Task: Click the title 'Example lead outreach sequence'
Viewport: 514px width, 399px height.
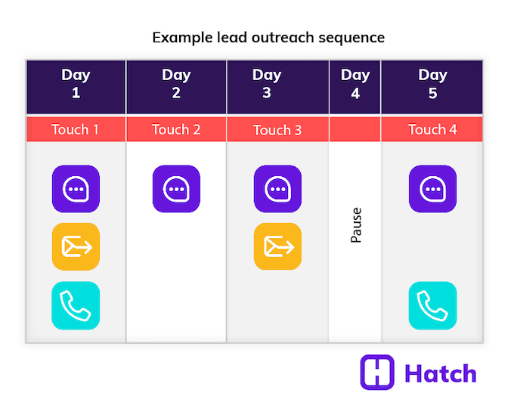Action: (x=268, y=37)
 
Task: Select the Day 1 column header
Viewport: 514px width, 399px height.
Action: (x=76, y=84)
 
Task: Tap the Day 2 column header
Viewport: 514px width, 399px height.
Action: (x=176, y=84)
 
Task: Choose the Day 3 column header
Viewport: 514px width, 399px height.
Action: (x=277, y=84)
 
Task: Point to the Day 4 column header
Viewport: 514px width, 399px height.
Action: (x=355, y=84)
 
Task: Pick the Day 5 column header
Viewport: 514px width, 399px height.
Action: (x=432, y=84)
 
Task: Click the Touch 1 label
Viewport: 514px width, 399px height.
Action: (x=76, y=129)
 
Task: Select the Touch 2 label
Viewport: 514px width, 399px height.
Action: (x=176, y=129)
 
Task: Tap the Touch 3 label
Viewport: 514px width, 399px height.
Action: (x=277, y=130)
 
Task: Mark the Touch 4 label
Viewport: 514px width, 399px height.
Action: (x=432, y=129)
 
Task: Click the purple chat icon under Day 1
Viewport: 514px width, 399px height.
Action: (x=76, y=188)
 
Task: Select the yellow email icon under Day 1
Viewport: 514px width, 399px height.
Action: (x=76, y=246)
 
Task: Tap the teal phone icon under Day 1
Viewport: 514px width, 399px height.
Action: (x=76, y=305)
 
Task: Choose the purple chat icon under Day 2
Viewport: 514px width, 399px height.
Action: (x=176, y=188)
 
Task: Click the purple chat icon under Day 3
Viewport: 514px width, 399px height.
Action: (x=277, y=188)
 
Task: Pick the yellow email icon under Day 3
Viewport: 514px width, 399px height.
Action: (x=277, y=246)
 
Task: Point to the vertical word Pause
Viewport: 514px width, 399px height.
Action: (x=356, y=225)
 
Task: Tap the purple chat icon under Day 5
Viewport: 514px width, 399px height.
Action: (x=432, y=188)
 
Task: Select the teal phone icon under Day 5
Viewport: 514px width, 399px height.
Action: (x=432, y=305)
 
